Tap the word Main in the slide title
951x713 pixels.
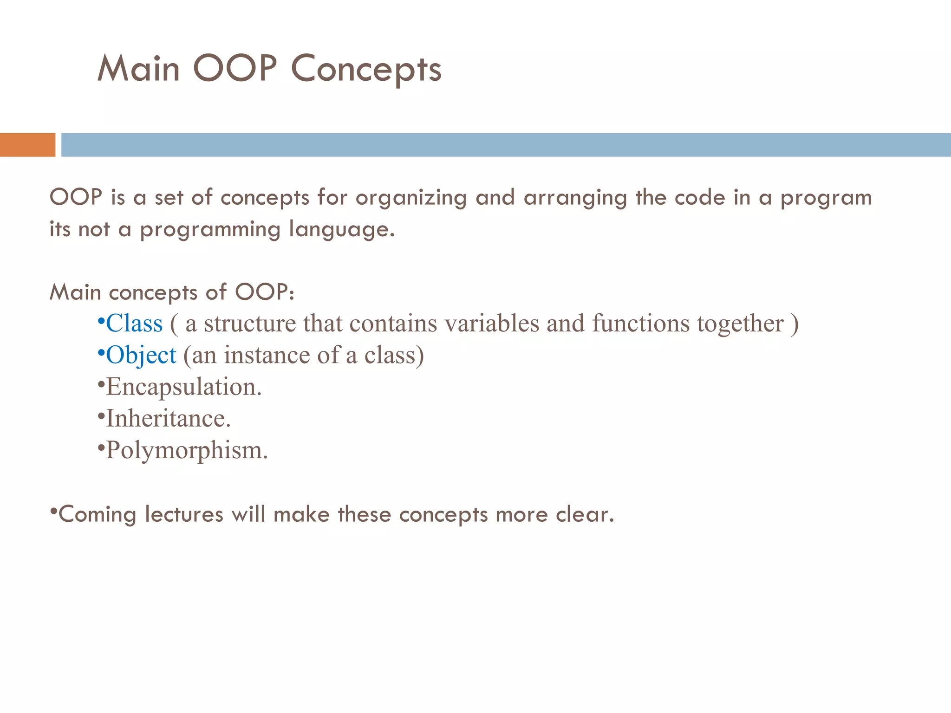tap(138, 69)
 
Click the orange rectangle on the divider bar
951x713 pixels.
tap(27, 145)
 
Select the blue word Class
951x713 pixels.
tap(134, 324)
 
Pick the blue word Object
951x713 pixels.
tap(141, 356)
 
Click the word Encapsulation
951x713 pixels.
tap(183, 387)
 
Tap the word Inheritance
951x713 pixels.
tap(168, 419)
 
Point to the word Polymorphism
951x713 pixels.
tap(186, 450)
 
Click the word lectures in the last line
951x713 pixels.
tap(184, 515)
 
